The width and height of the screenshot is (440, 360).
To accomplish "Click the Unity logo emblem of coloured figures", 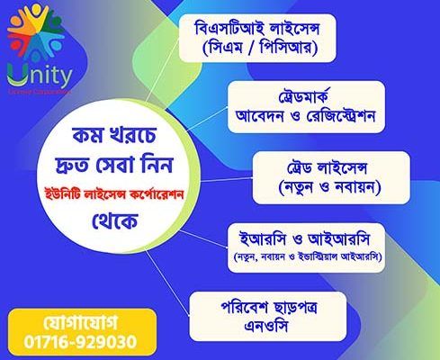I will (x=31, y=34).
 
